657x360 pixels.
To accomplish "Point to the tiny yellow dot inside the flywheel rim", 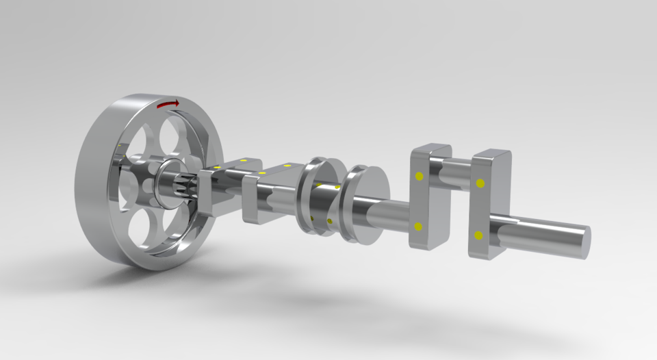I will click(118, 146).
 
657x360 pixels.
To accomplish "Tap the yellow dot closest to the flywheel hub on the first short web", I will click(217, 167).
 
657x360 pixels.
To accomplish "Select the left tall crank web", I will click(427, 198).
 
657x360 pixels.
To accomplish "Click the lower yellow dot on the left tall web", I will click(417, 227).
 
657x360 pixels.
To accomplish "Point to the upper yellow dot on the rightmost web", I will click(480, 183).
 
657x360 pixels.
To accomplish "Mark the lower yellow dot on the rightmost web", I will click(478, 235).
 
